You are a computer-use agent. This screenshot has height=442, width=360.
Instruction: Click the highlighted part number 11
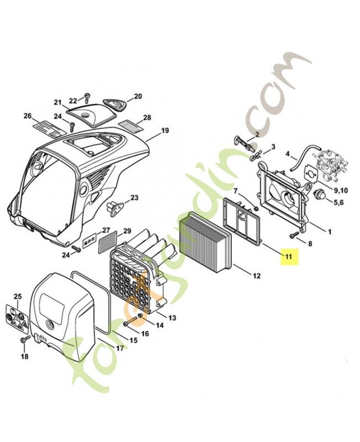pos(288,256)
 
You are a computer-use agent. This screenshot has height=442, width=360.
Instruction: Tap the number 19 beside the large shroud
pos(165,131)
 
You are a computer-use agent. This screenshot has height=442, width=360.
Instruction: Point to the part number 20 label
pos(137,96)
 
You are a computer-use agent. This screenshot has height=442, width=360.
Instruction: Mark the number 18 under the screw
pos(24,357)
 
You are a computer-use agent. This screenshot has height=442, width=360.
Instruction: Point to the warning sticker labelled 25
pos(17,320)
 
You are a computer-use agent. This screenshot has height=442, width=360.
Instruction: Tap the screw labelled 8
pos(294,235)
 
